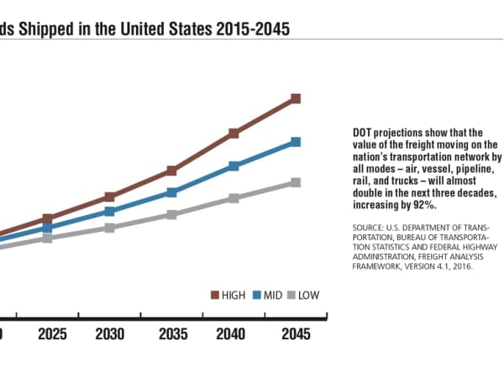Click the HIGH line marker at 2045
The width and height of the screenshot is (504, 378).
point(296,99)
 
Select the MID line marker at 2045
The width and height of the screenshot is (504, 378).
point(296,142)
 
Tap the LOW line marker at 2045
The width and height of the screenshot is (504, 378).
point(296,182)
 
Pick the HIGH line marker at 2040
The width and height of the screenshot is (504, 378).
point(234,134)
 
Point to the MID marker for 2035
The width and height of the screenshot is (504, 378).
point(171,192)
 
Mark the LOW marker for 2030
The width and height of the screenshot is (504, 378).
point(109,228)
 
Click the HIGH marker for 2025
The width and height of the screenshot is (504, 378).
point(47,218)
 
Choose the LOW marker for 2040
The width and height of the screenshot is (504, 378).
point(234,198)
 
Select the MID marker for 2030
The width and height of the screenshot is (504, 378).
point(109,211)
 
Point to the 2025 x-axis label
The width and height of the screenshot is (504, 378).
point(52,334)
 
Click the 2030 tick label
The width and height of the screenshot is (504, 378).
point(109,334)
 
